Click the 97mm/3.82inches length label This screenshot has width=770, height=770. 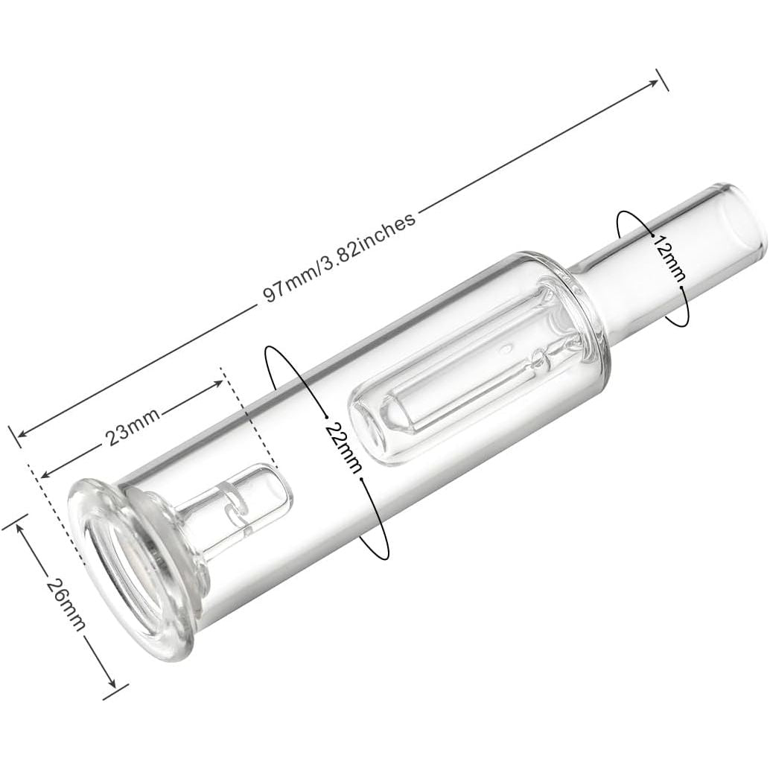340,255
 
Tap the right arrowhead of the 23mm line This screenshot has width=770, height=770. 220,382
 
